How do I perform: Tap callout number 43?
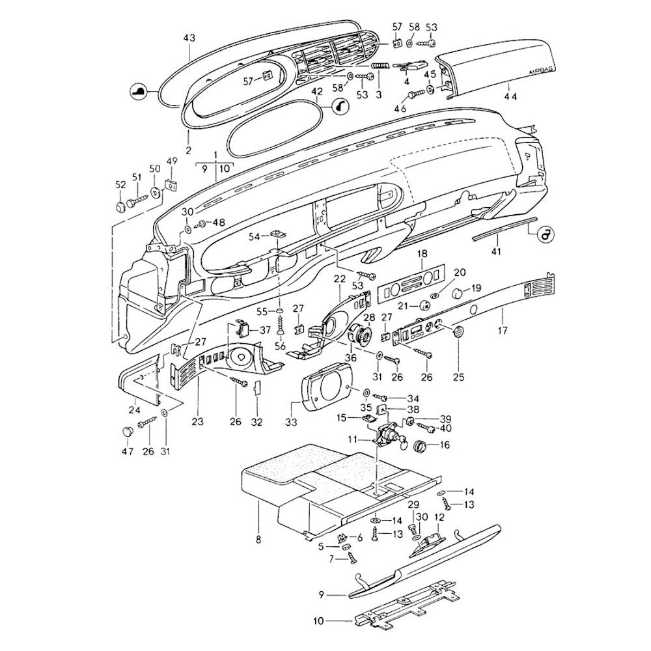(x=189, y=38)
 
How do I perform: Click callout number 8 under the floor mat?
(x=258, y=540)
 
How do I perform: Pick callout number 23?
(x=197, y=421)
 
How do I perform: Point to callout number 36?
(x=352, y=357)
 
